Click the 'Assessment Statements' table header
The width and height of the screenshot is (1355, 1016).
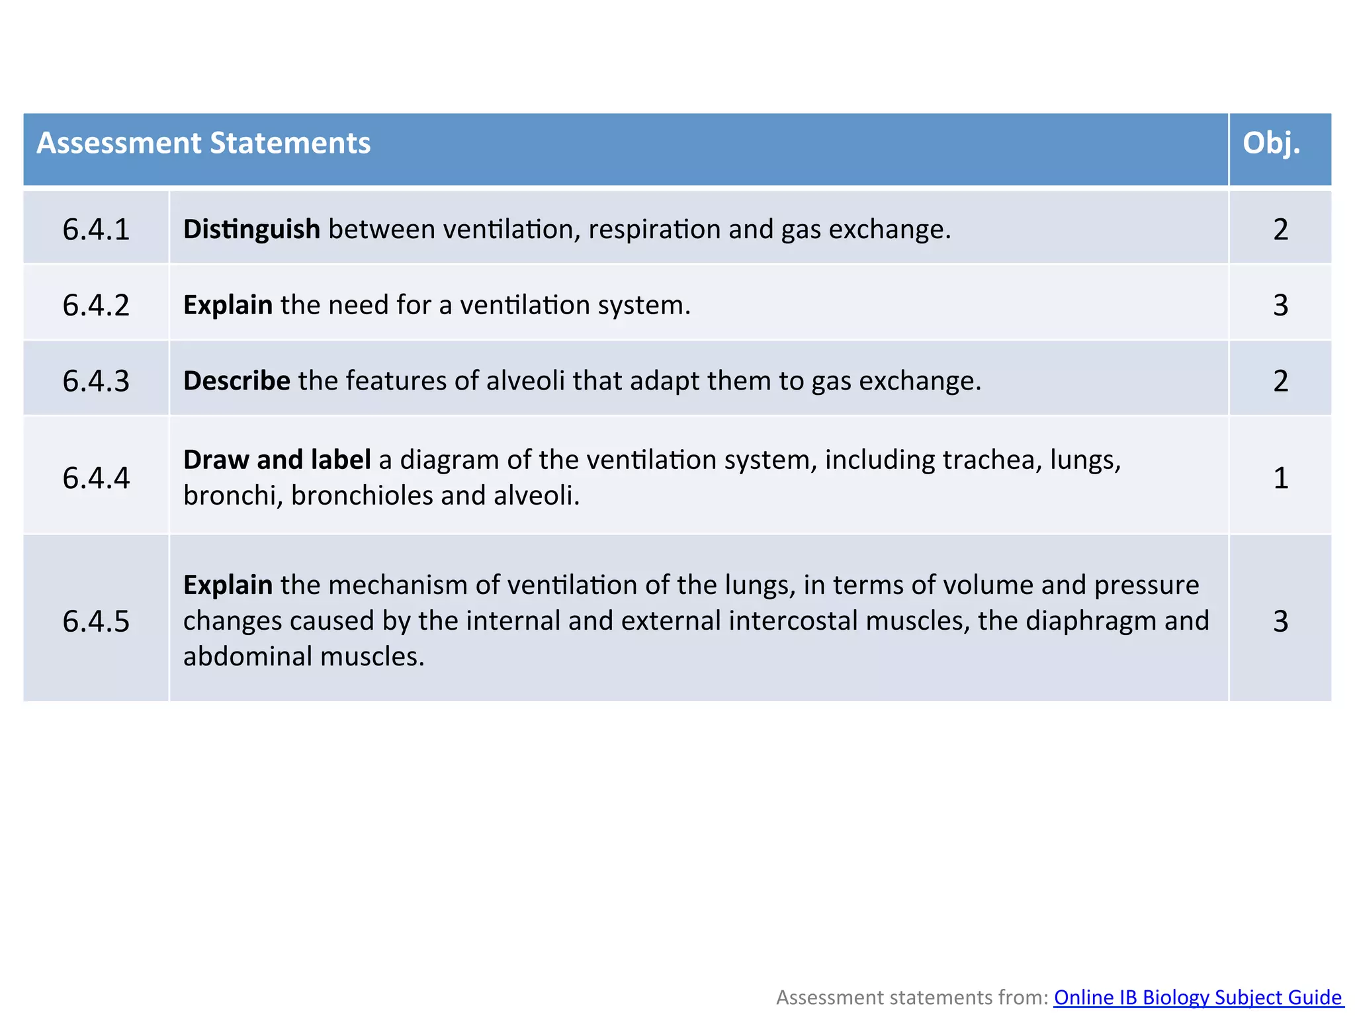pyautogui.click(x=203, y=144)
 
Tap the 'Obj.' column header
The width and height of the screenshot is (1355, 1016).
pyautogui.click(x=1271, y=144)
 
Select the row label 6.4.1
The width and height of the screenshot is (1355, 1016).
pyautogui.click(x=96, y=230)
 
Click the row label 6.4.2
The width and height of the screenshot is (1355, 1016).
pyautogui.click(x=96, y=305)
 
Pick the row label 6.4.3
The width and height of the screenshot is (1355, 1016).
pyautogui.click(x=96, y=381)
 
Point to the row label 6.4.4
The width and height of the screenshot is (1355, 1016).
pyautogui.click(x=96, y=478)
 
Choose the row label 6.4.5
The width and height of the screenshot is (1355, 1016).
pyautogui.click(x=96, y=621)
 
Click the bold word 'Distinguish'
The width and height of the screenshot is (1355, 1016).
pyautogui.click(x=251, y=230)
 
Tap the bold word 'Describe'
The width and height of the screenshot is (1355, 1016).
pyautogui.click(x=236, y=381)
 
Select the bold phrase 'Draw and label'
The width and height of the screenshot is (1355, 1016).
pyautogui.click(x=277, y=460)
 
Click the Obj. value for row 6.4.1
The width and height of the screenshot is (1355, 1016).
pyautogui.click(x=1280, y=230)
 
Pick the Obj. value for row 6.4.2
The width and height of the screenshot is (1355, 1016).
pyautogui.click(x=1280, y=305)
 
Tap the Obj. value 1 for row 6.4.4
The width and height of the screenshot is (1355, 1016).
pyautogui.click(x=1280, y=478)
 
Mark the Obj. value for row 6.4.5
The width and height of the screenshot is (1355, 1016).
pyautogui.click(x=1280, y=621)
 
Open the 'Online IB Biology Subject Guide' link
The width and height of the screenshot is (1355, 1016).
pyautogui.click(x=1198, y=997)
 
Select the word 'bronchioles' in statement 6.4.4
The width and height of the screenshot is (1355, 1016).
pyautogui.click(x=361, y=495)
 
